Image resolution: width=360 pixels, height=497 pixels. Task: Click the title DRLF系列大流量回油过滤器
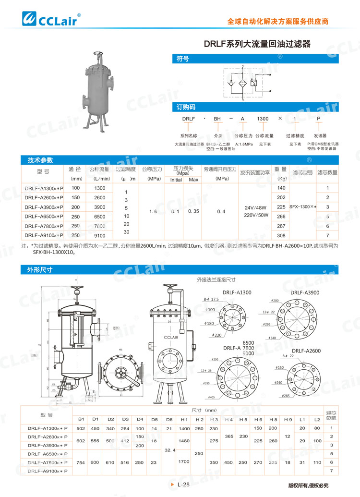[x=257, y=44]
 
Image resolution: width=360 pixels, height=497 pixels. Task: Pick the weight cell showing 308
[x=281, y=235]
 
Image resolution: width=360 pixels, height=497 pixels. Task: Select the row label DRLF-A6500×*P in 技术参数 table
[x=44, y=217]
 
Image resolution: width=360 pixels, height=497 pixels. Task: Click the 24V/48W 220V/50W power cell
[x=255, y=212]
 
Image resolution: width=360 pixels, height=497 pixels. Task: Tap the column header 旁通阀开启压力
[x=220, y=170]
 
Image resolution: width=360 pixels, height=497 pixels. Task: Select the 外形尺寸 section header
[x=180, y=270]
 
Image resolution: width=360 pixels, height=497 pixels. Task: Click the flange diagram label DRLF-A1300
[x=237, y=292]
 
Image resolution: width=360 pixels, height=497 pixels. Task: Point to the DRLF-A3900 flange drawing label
[x=305, y=292]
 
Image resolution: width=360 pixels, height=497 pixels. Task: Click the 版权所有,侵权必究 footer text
[x=308, y=485]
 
